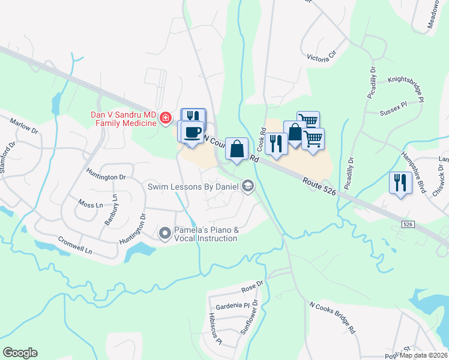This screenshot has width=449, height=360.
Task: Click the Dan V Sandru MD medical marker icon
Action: pos(166,119)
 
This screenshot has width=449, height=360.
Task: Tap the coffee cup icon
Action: pos(193,133)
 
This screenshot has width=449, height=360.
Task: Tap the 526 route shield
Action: pos(408,224)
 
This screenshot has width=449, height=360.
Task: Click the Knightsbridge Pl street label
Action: pos(406,89)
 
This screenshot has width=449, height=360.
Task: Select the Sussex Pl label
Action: pos(393,112)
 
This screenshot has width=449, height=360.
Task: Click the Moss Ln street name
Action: pos(91,205)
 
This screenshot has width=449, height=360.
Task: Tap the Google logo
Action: pos(20,353)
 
